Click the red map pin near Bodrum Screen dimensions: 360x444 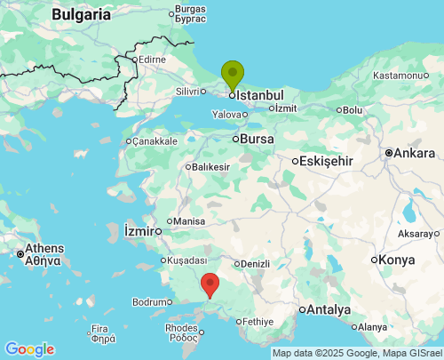(x=210, y=284)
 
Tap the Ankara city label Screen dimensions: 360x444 (x=414, y=153)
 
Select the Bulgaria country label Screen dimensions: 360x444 (x=82, y=14)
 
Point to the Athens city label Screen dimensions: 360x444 (x=44, y=248)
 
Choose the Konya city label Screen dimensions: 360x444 (x=396, y=260)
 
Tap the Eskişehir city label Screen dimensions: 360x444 (x=328, y=161)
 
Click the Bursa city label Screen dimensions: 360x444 (x=258, y=139)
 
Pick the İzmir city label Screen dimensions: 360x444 (x=140, y=231)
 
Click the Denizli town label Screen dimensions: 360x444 (x=255, y=264)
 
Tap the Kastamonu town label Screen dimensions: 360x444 (x=400, y=76)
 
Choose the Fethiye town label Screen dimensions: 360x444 (x=258, y=321)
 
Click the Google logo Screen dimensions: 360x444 (x=29, y=349)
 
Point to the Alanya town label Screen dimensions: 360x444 (x=372, y=327)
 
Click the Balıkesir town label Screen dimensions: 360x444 (x=210, y=167)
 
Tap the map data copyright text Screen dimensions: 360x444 (x=356, y=353)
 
